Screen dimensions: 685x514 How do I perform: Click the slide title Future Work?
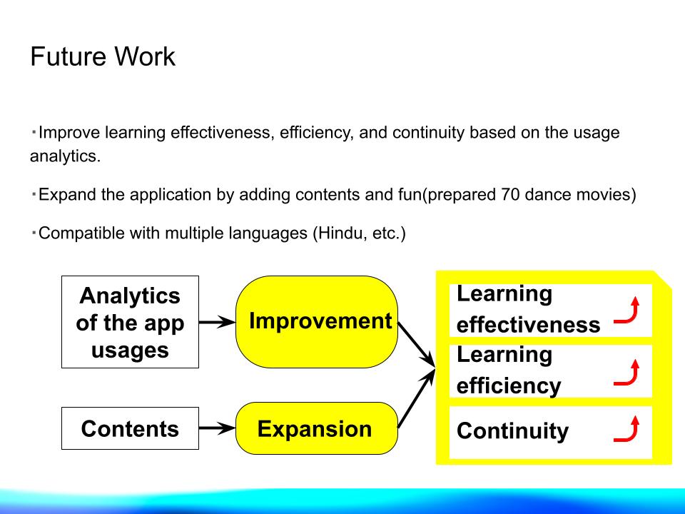[103, 56]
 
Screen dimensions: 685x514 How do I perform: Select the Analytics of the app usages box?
[130, 322]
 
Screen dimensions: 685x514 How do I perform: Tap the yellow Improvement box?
[317, 322]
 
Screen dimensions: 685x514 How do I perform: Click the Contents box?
[130, 428]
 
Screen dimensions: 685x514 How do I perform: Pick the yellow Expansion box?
[317, 428]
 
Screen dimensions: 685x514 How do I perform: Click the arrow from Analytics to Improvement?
[217, 322]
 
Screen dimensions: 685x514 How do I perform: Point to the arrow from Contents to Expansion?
[217, 428]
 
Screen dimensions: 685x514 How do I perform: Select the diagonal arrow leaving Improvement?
[416, 345]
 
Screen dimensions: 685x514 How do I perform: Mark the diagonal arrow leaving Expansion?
[416, 398]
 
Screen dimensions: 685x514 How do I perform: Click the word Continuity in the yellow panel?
[512, 431]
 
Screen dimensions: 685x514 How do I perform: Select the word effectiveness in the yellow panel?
[529, 326]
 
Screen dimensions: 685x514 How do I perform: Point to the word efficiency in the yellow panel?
[509, 386]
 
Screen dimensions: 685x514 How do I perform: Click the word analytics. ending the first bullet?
[65, 156]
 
